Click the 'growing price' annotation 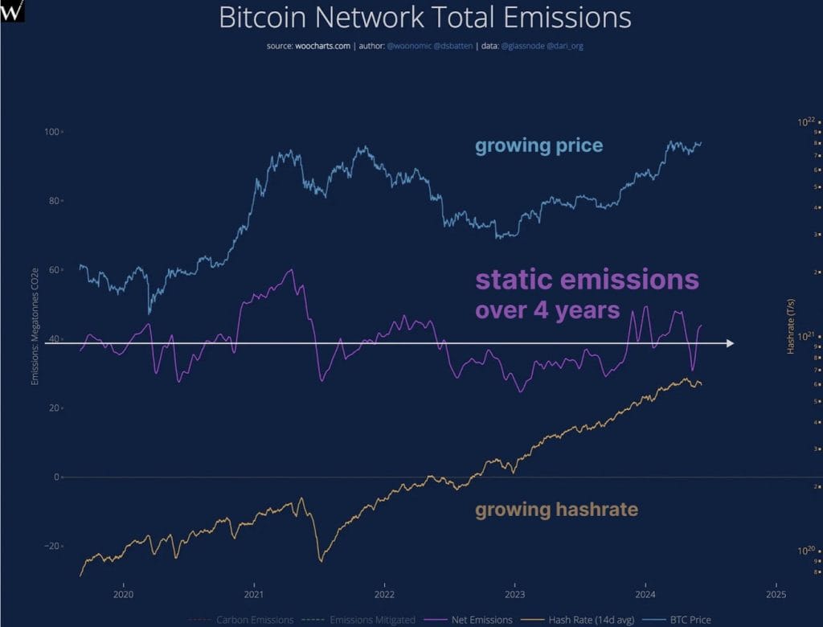pyautogui.click(x=538, y=145)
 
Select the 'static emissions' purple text pyautogui.click(x=588, y=280)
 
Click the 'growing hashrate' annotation pyautogui.click(x=556, y=509)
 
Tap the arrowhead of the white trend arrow pyautogui.click(x=729, y=343)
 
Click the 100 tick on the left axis pyautogui.click(x=52, y=131)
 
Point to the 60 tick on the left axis pyautogui.click(x=54, y=269)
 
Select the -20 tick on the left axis pyautogui.click(x=51, y=546)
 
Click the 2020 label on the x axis pyautogui.click(x=123, y=594)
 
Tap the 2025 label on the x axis pyautogui.click(x=776, y=594)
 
